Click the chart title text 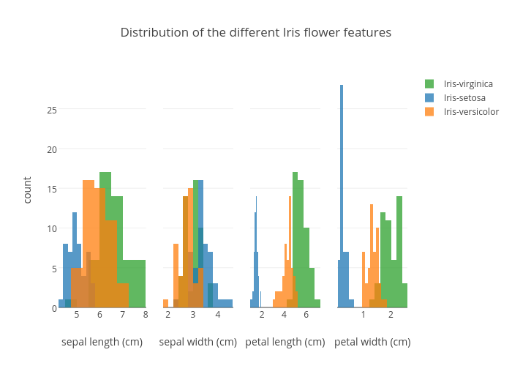tap(256, 33)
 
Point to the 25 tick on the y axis tap(52, 111)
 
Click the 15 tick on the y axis tap(52, 189)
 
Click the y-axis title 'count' tap(28, 190)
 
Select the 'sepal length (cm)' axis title tap(102, 342)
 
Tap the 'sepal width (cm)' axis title tap(197, 342)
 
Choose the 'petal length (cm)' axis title tap(285, 342)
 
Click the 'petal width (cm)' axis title tap(372, 342)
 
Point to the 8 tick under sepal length tap(146, 315)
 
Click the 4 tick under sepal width tap(218, 315)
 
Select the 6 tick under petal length tap(306, 315)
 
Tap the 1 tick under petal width tap(363, 315)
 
